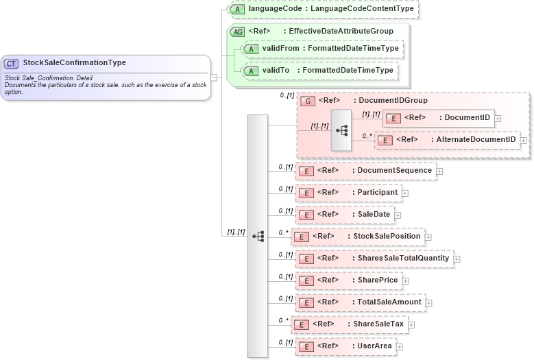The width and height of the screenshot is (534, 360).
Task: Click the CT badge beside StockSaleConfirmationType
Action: pos(12,63)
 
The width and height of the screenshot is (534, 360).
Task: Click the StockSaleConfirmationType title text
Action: pos(74,62)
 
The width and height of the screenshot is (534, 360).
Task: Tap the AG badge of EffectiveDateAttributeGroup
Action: pos(237,32)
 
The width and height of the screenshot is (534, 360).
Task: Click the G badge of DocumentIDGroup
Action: pos(308,101)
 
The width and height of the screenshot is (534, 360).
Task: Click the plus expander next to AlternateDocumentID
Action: pos(524,141)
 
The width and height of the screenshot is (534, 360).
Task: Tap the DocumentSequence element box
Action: pos(365,171)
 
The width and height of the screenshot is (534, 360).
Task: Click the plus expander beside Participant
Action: pos(405,193)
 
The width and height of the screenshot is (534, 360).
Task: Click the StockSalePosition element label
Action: pos(387,237)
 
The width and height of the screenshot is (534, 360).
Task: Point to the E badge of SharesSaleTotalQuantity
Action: pos(308,259)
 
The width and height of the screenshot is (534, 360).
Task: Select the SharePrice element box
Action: pos(348,280)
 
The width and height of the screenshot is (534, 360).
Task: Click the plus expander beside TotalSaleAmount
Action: pos(429,302)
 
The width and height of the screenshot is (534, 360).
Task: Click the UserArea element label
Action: pos(374,346)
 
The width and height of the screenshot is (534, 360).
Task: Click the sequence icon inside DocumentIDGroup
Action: pos(341,130)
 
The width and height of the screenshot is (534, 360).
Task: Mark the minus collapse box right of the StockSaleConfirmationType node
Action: pos(214,77)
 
